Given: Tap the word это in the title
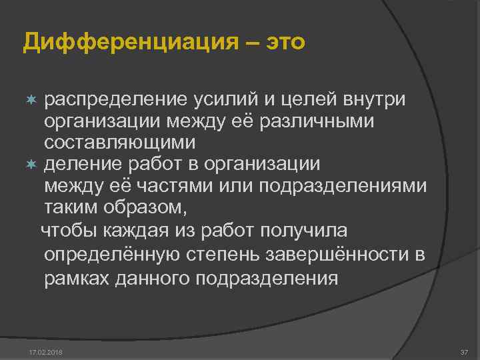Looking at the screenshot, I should pyautogui.click(x=285, y=42).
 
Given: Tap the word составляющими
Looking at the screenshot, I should pyautogui.click(x=119, y=143).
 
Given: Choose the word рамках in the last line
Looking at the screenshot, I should pyautogui.click(x=76, y=277).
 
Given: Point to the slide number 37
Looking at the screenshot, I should pyautogui.click(x=464, y=351).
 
